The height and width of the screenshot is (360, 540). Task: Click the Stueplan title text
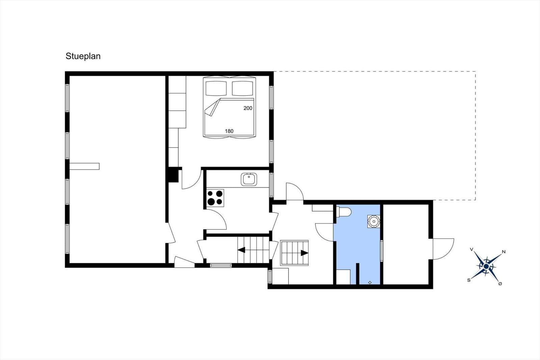tap(83, 56)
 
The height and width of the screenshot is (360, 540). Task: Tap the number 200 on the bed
tap(248, 108)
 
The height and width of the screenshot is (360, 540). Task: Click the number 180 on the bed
tap(229, 131)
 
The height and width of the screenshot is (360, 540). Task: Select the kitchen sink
tap(249, 179)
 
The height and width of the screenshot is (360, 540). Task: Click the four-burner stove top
tap(215, 198)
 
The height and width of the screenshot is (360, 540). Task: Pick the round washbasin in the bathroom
tap(374, 221)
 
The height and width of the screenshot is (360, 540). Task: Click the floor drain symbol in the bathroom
tap(370, 283)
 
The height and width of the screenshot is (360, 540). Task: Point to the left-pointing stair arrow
tap(242, 250)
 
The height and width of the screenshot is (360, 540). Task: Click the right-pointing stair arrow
tap(304, 253)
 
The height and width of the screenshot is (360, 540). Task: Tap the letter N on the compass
tap(504, 252)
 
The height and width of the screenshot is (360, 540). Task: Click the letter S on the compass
tap(469, 280)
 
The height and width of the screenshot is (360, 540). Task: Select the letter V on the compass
tap(471, 249)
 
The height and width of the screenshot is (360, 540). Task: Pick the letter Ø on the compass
tap(500, 284)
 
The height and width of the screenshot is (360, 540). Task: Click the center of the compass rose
tap(486, 266)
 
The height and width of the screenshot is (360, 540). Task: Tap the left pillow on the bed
tap(216, 88)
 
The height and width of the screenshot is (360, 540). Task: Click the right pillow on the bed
tap(243, 88)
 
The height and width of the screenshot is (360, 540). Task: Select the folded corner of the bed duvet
tap(212, 108)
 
